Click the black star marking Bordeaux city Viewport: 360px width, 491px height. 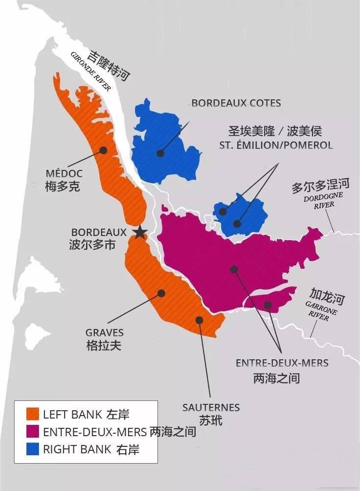click(140, 232)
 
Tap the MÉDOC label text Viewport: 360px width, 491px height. click(64, 174)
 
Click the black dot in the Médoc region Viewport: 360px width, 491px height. click(103, 150)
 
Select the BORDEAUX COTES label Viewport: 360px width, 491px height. click(236, 103)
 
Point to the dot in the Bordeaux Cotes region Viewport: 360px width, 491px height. click(160, 153)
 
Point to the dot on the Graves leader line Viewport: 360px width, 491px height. click(161, 293)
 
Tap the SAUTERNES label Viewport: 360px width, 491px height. click(211, 407)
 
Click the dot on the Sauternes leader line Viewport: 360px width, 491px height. click(199, 320)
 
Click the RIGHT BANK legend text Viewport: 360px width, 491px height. click(77, 449)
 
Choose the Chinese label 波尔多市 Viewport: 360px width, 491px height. click(92, 245)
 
